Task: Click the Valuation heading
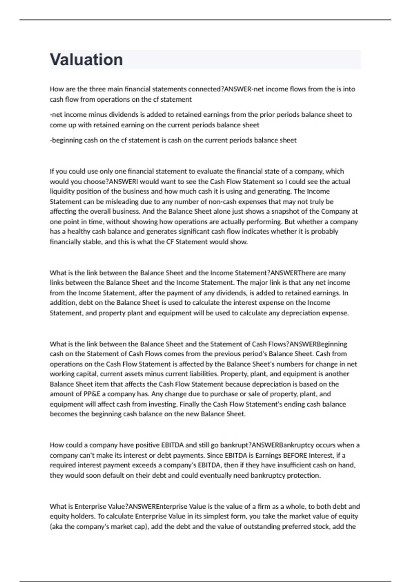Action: [x=86, y=60]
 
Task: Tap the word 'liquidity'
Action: [x=62, y=191]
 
